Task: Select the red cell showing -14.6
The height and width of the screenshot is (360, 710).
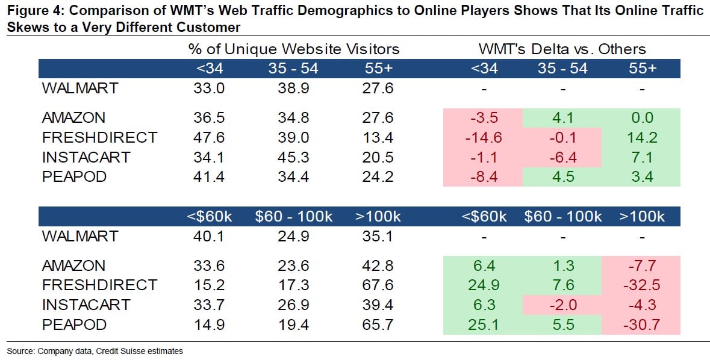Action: click(x=483, y=137)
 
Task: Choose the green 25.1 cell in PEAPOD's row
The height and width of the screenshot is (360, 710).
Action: click(x=483, y=325)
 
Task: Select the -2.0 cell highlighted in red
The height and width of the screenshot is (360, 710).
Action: click(x=562, y=305)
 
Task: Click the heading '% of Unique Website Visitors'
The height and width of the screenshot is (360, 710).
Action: click(x=294, y=49)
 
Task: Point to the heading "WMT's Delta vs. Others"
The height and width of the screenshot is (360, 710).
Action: click(x=562, y=49)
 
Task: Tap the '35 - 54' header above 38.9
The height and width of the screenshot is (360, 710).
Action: click(x=293, y=69)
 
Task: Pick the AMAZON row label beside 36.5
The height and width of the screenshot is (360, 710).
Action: click(x=73, y=118)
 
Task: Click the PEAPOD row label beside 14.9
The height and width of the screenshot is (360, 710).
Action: click(x=73, y=325)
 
